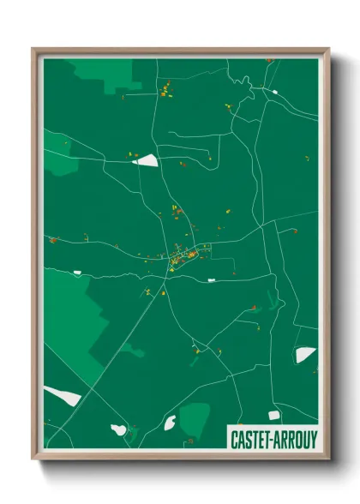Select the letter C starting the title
click(x=234, y=437)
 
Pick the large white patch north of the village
click(x=147, y=159)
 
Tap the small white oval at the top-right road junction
click(x=274, y=90)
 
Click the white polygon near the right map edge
click(x=305, y=354)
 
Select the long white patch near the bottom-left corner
click(x=63, y=396)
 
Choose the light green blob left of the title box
click(x=195, y=417)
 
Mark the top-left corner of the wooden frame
click(x=34, y=50)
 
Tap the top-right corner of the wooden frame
click(x=327, y=50)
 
